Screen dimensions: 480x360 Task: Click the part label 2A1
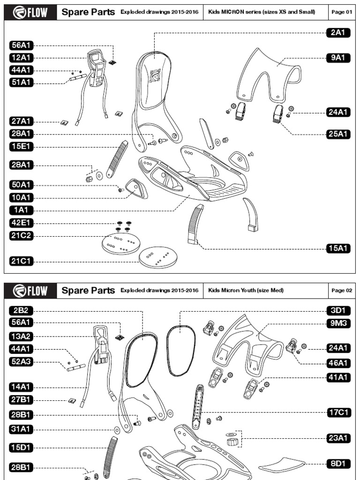tap(338, 32)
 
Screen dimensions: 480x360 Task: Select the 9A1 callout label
tap(338, 58)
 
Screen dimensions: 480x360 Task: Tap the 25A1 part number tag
tap(338, 134)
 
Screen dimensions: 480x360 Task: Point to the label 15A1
tap(338, 248)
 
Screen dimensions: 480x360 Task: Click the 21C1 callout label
tap(22, 261)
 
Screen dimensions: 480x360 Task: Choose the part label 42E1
tap(22, 223)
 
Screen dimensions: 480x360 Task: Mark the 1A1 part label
tap(22, 210)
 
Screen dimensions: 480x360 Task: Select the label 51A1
tap(22, 83)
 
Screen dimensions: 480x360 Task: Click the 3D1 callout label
tap(338, 310)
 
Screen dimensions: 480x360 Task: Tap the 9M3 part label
tap(338, 322)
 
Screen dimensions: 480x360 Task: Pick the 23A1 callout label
tap(338, 438)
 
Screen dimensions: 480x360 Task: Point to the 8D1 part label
tap(338, 464)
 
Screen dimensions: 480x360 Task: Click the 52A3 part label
tap(22, 361)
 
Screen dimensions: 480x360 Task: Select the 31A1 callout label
tap(22, 429)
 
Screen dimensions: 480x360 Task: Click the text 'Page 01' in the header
tap(342, 12)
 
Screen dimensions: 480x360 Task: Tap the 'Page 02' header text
tap(342, 290)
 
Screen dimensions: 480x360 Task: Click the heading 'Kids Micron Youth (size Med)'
tap(246, 290)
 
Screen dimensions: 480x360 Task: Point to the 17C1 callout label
tap(338, 412)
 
